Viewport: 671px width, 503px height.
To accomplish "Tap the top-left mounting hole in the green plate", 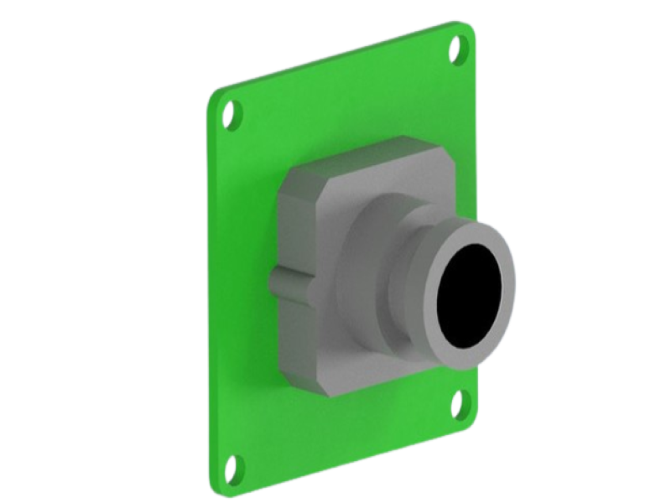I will click(232, 115).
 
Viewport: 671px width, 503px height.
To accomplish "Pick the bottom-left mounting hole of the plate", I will click(236, 466).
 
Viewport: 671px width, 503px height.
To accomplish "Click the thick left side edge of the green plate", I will click(209, 293).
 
